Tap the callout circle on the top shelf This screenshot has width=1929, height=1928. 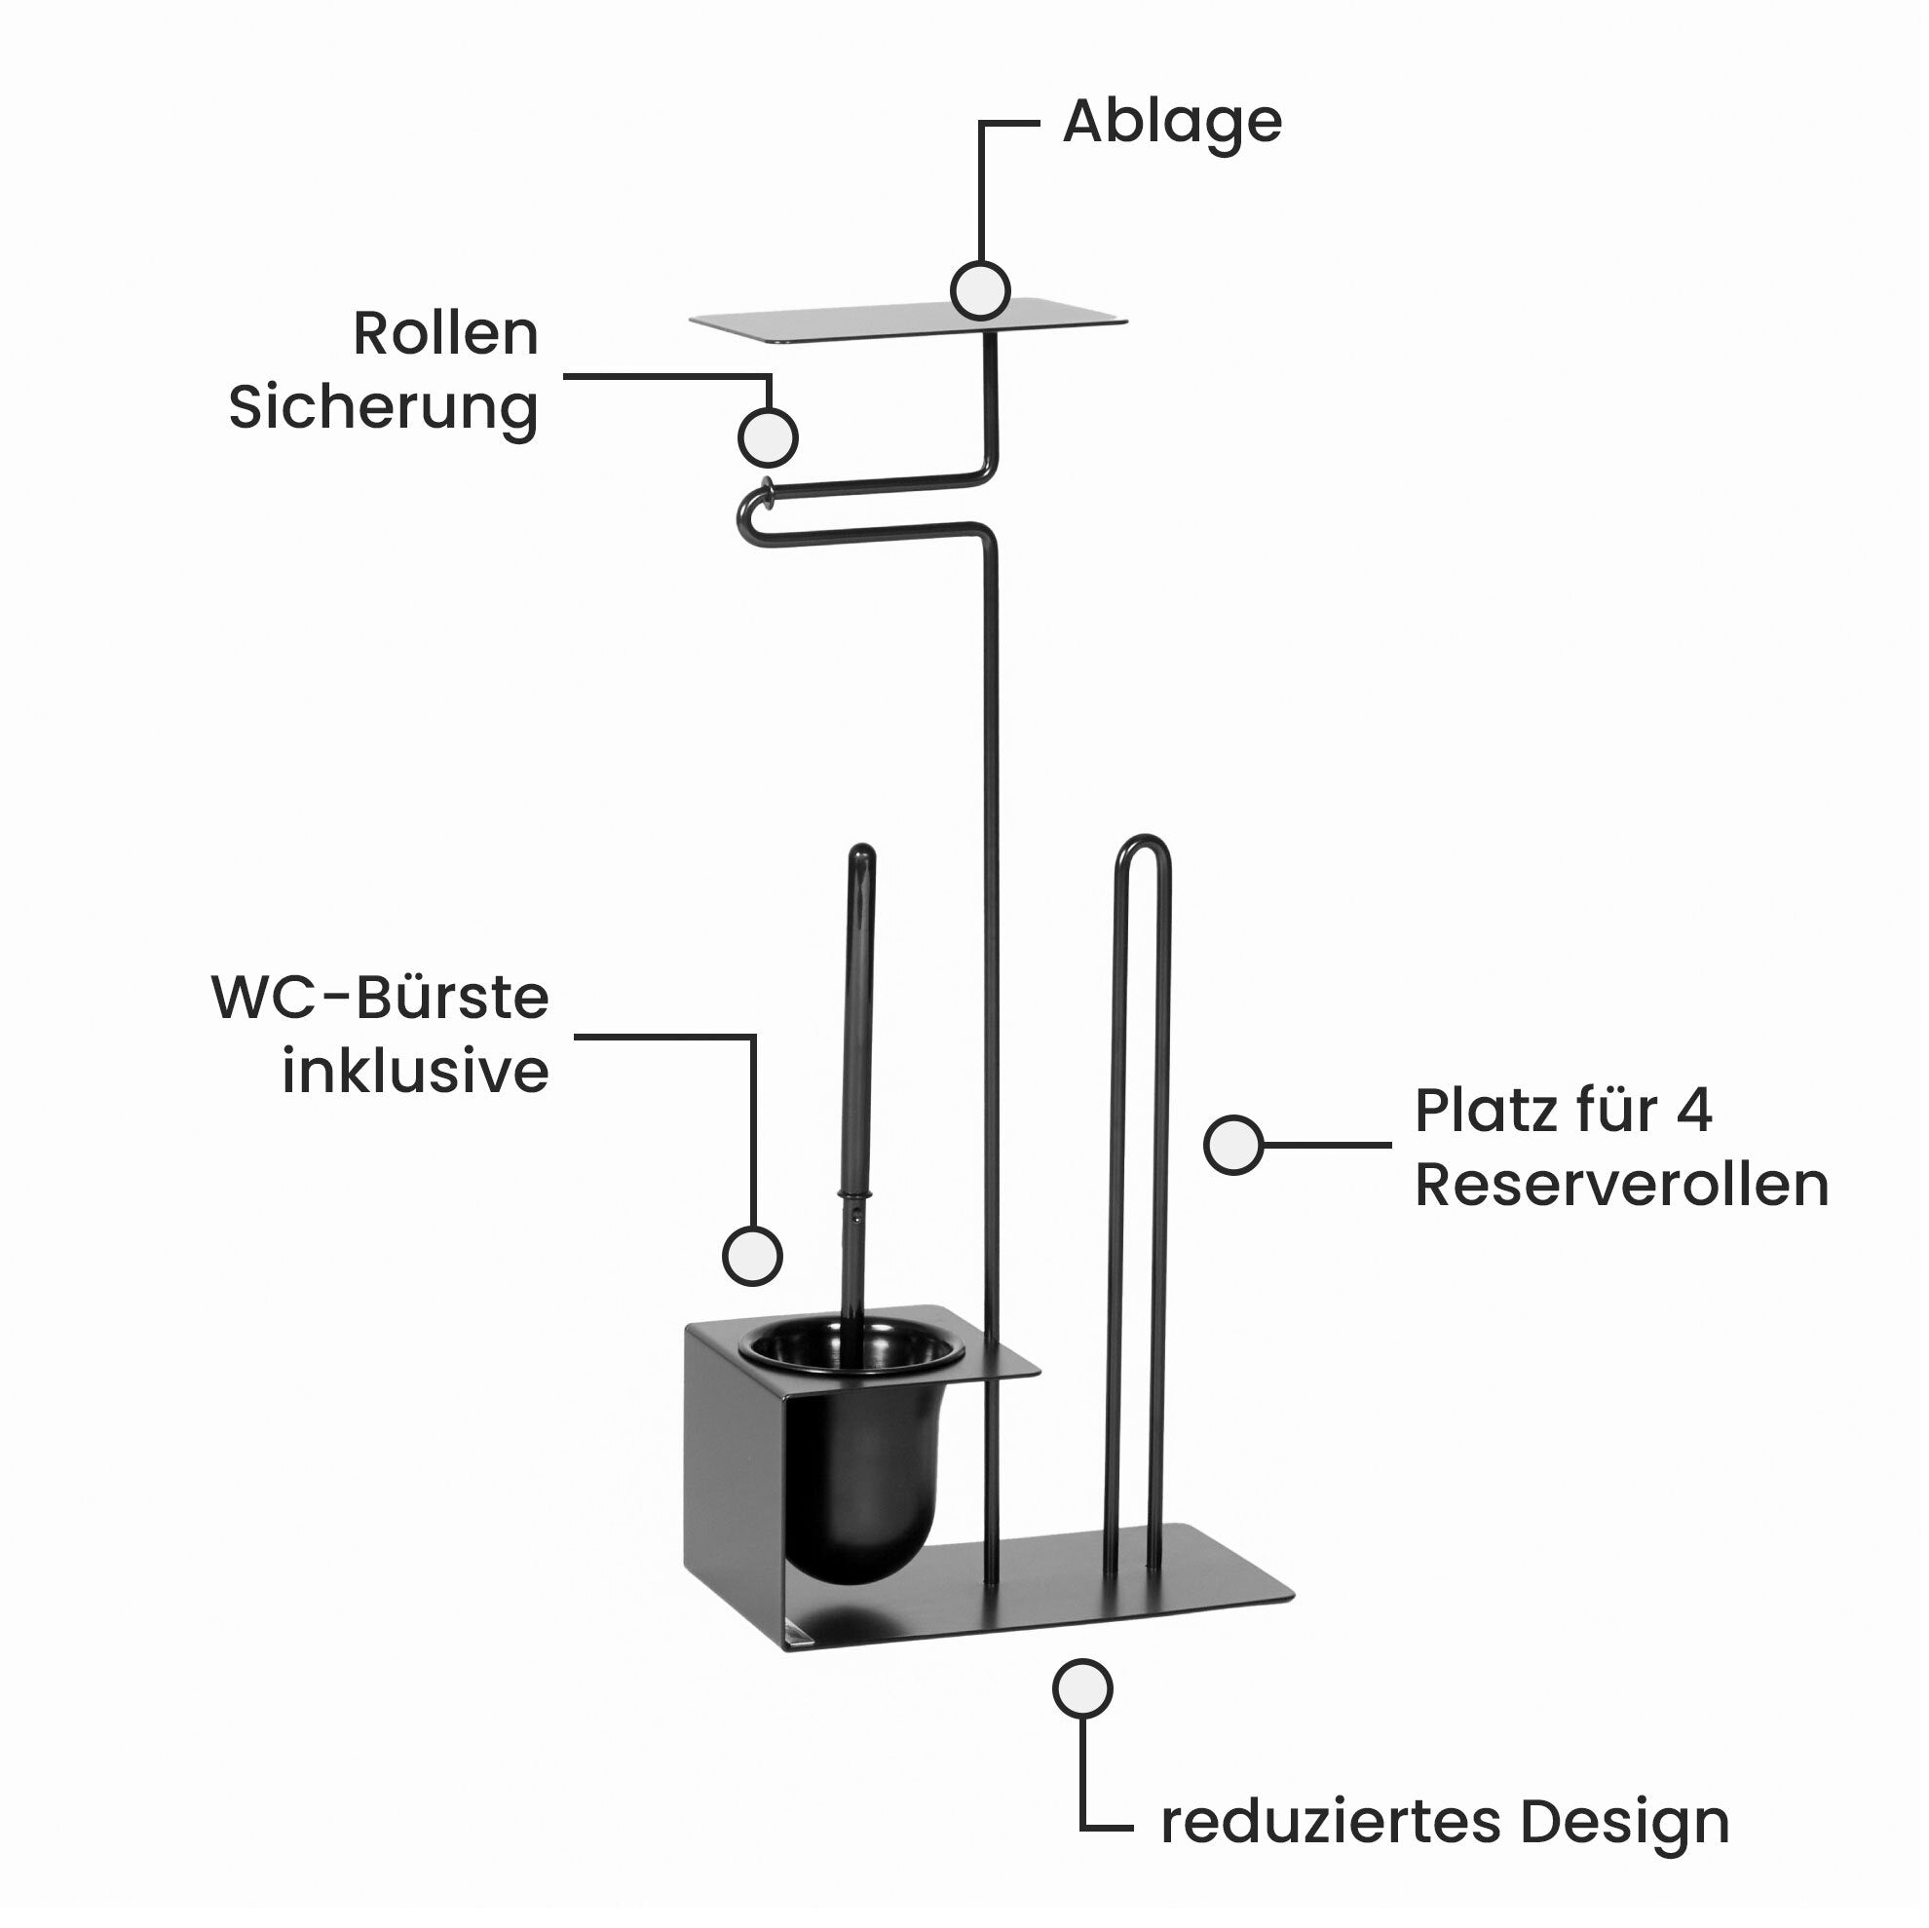(x=980, y=291)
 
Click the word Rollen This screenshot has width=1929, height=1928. (x=445, y=333)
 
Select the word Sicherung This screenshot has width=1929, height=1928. (x=384, y=407)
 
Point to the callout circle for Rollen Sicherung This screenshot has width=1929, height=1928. (x=767, y=438)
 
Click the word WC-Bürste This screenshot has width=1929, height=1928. (x=380, y=998)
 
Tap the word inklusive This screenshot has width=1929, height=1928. (x=415, y=1073)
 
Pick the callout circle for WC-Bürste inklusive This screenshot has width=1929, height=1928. (x=752, y=1255)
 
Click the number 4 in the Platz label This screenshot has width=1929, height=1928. (x=1693, y=1111)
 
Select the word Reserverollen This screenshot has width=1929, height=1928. (x=1621, y=1186)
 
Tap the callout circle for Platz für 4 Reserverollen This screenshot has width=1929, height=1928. (x=1233, y=1146)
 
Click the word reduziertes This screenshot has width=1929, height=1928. (x=1330, y=1822)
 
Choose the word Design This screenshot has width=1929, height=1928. (x=1624, y=1822)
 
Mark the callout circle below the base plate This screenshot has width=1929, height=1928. (x=1082, y=1688)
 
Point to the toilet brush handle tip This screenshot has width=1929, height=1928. (x=861, y=857)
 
